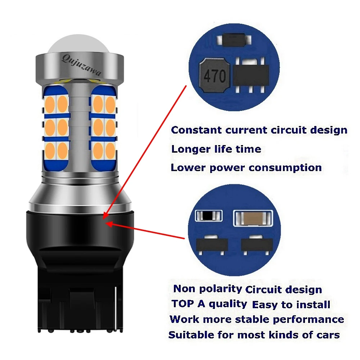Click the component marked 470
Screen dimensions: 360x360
click(215, 75)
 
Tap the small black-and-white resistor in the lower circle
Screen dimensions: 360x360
click(209, 216)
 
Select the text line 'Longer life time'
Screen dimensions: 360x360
click(216, 149)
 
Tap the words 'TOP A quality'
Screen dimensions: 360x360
click(209, 303)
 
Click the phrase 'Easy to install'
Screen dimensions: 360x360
click(291, 305)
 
